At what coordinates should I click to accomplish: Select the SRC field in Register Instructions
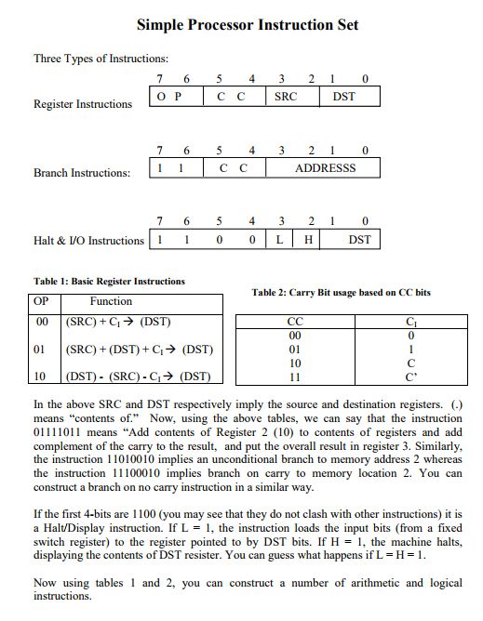pos(286,96)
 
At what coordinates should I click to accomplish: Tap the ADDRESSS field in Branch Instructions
pos(325,168)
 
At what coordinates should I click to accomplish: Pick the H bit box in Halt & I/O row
pos(308,240)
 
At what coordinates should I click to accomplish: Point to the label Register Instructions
pos(83,104)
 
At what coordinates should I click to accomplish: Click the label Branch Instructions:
pos(82,173)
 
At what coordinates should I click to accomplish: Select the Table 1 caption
pos(109,281)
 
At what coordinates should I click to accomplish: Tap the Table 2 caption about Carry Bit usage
pos(341,293)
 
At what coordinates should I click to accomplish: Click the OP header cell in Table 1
pos(41,302)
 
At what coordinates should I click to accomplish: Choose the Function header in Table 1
pos(111,302)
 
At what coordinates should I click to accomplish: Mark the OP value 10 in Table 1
pos(40,377)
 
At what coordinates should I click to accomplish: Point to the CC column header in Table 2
pos(296,323)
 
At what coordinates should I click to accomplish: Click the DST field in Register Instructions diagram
pos(343,96)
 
